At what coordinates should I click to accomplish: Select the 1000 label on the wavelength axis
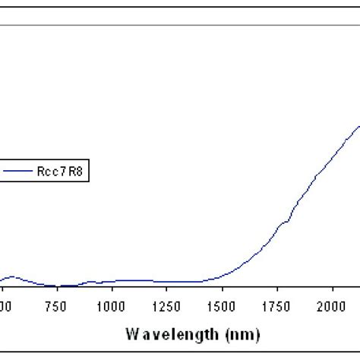[x=112, y=305]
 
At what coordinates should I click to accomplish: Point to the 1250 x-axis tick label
[x=167, y=305]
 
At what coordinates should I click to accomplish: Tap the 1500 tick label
[x=223, y=305]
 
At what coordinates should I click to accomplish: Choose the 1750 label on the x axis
[x=278, y=305]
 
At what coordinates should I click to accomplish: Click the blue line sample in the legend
[x=20, y=172]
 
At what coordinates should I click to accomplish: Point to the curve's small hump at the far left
[x=13, y=277]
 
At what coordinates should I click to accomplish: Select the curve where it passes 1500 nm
[x=223, y=276]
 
